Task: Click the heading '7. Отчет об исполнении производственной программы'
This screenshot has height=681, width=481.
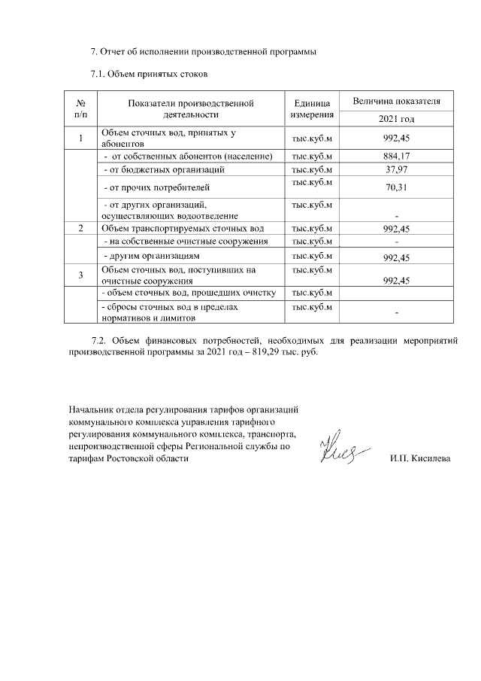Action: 204,52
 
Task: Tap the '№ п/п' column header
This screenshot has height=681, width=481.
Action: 81,108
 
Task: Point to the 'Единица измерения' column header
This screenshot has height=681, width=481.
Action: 310,108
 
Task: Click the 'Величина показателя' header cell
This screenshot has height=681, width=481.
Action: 396,101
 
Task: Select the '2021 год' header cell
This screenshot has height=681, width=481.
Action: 396,119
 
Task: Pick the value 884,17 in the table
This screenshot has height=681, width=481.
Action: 396,157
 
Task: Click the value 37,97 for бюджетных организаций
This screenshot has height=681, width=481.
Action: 396,169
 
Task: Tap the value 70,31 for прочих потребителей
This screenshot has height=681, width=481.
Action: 396,187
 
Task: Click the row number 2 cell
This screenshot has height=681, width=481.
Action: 81,228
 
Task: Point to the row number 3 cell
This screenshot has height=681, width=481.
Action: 81,275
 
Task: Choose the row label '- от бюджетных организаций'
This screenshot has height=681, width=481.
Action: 163,169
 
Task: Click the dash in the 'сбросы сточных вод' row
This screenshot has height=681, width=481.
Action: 396,312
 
